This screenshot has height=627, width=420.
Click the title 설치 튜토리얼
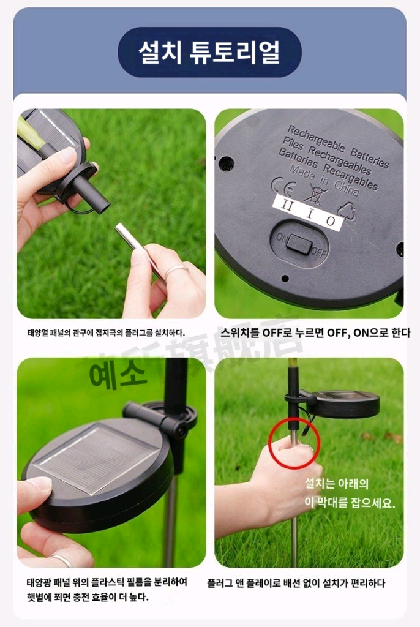pos(209,52)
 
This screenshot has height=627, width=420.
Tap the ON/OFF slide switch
pos(298,243)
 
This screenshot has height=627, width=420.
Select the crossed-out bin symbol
pos(316,195)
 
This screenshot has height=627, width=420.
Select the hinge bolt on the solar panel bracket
pos(181,431)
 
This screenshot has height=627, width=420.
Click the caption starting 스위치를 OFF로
pos(315,333)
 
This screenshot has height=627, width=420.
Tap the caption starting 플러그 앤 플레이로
pos(296,583)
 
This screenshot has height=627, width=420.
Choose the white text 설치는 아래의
pos(337,484)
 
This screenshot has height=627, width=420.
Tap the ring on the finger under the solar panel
pos(61,558)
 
